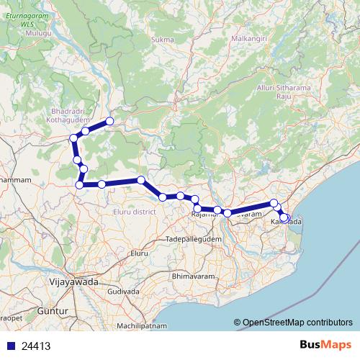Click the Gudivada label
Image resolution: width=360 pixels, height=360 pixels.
123,292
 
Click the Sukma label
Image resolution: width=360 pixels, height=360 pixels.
159,40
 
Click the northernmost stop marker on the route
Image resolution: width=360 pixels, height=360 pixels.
110,121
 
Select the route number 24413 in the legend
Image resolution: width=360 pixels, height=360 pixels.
35,346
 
